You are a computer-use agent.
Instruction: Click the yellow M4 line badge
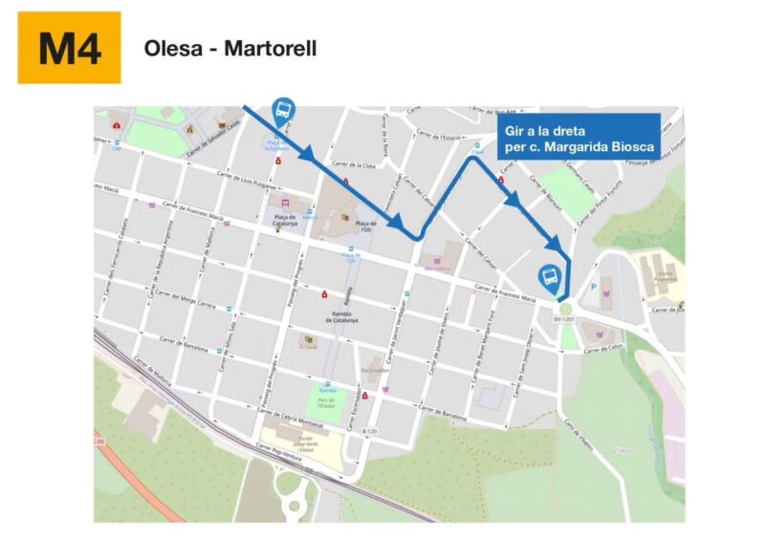[x=69, y=48]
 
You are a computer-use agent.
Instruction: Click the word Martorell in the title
[x=270, y=47]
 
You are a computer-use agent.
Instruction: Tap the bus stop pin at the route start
[x=284, y=111]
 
